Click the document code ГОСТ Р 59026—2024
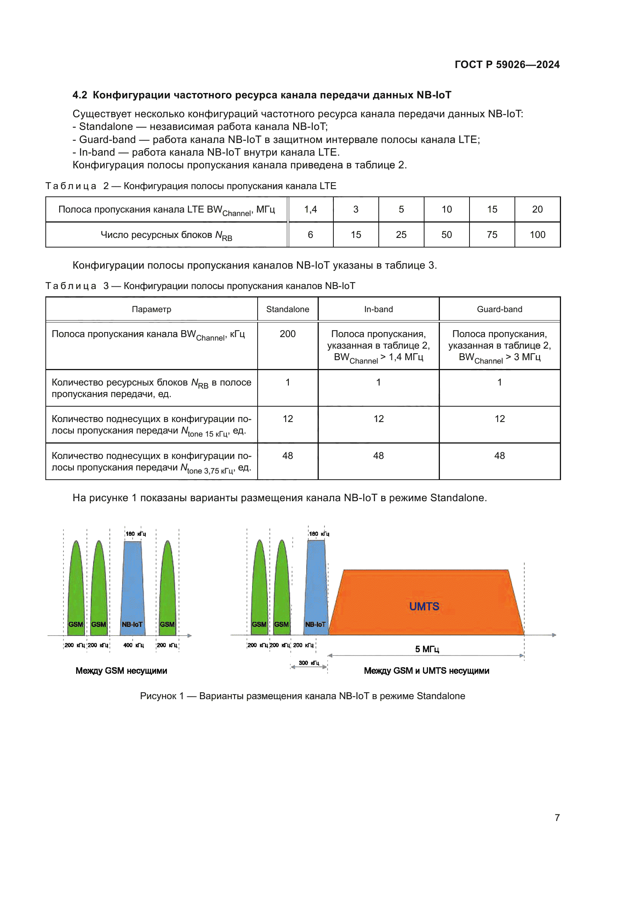pos(507,65)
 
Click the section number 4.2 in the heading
pos(80,95)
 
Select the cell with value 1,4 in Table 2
pos(310,209)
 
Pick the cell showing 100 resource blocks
pos(537,234)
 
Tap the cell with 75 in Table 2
pos(492,234)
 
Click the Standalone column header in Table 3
pos(288,309)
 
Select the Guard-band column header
pos(499,309)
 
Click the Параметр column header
pos(151,309)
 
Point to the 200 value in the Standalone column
pos(288,334)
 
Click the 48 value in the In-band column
pos(378,455)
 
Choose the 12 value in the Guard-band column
pos(499,419)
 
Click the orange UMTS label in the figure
pos(424,606)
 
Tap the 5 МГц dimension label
pos(427,649)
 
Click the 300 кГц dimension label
pos(309,663)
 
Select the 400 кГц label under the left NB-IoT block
pos(133,645)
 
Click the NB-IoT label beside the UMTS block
pos(315,624)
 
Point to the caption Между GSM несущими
pos(121,670)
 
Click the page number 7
pos(557,818)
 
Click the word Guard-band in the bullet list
pos(107,140)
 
